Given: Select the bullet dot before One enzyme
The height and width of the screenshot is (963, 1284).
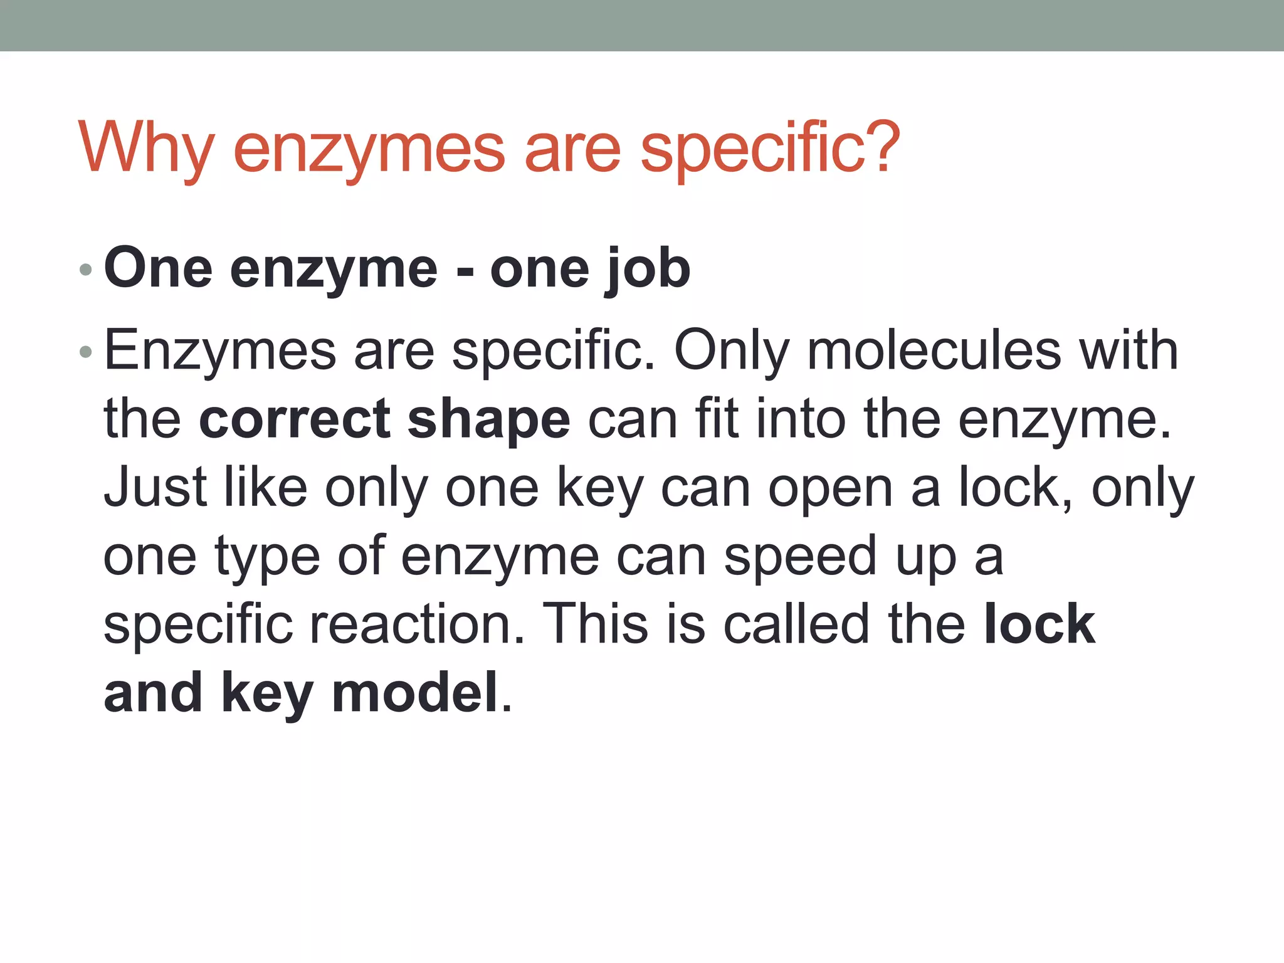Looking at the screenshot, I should [x=86, y=270].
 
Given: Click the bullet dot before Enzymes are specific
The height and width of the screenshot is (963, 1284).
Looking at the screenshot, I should [x=86, y=352].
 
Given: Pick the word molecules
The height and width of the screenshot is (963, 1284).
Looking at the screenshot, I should [x=934, y=351].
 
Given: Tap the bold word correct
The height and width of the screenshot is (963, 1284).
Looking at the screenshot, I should [x=295, y=419].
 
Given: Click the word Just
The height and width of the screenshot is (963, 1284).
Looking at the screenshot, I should [x=155, y=487].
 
